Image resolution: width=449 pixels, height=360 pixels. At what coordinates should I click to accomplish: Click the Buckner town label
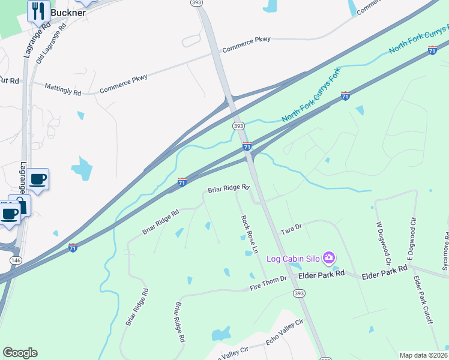(67, 12)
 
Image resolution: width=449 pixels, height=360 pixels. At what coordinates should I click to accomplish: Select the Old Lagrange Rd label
(50, 41)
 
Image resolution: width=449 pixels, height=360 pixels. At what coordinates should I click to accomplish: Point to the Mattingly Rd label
(62, 89)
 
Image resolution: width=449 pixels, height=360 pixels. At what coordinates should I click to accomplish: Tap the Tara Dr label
(291, 230)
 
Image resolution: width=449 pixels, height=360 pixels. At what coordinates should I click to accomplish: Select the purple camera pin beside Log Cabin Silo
(328, 258)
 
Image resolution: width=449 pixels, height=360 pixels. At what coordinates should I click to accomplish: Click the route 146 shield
(16, 260)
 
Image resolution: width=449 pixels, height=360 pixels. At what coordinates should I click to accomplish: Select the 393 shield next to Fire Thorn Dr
(298, 293)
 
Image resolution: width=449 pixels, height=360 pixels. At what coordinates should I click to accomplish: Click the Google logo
(20, 353)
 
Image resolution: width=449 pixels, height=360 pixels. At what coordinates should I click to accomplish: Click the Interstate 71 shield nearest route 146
(73, 247)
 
